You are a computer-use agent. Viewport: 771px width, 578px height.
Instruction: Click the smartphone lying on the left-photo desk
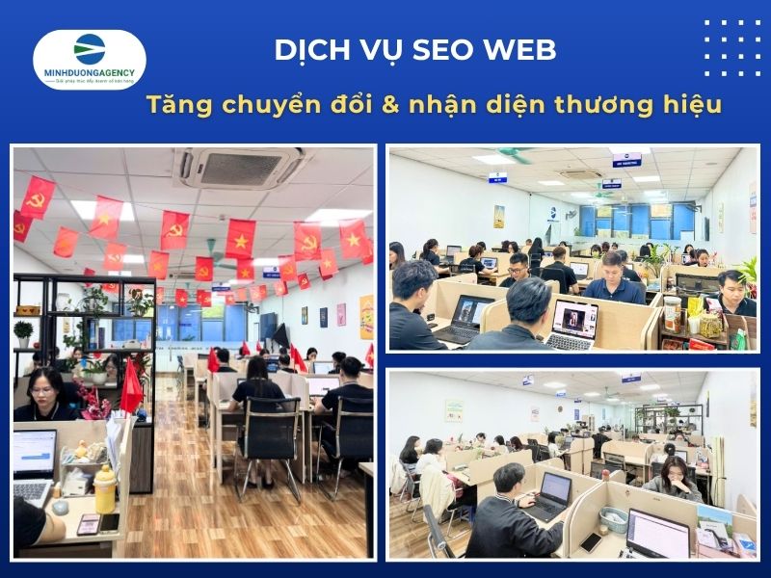click(x=89, y=523)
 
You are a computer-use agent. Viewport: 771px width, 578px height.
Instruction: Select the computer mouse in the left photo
click(x=60, y=507)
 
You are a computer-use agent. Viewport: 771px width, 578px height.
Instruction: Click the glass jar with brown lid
click(x=672, y=313)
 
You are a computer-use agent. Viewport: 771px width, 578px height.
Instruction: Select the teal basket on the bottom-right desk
click(x=614, y=520)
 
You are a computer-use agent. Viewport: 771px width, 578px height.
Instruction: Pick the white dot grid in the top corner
click(x=731, y=47)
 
